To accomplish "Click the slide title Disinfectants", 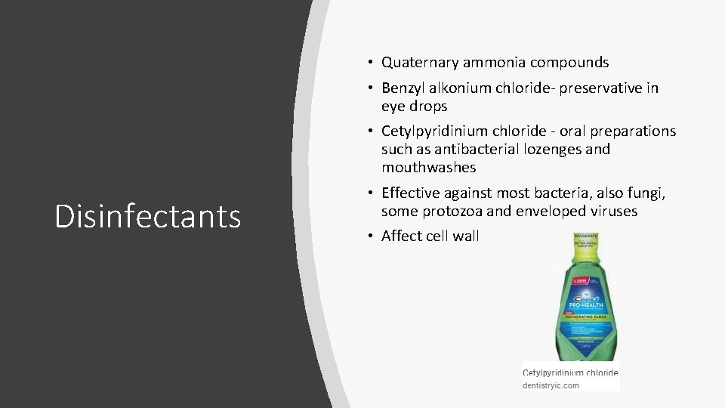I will coord(148,216).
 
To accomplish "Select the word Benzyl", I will coord(402,88).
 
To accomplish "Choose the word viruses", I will coord(610,211).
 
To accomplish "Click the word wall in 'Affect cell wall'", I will coord(465,236).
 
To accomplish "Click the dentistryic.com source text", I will coord(551,385).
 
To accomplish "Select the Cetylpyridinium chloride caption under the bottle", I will coord(571,373).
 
